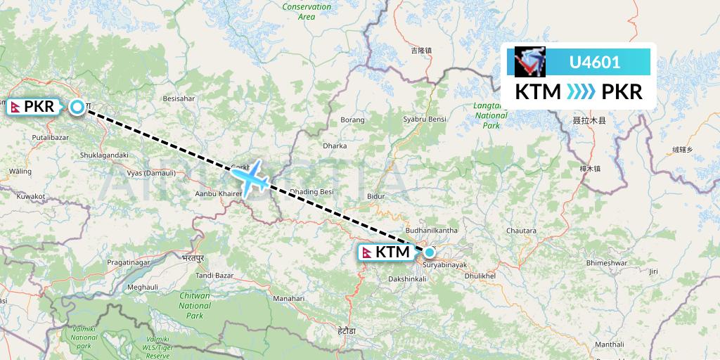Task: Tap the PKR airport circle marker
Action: click(x=77, y=107)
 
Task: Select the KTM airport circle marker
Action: click(x=429, y=252)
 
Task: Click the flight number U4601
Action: click(x=594, y=62)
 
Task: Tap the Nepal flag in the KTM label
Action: click(x=367, y=252)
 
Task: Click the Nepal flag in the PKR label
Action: click(x=15, y=107)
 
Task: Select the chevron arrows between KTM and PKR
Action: click(x=581, y=92)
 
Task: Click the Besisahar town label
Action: click(x=179, y=99)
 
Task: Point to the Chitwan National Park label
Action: click(x=195, y=306)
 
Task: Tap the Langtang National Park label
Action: click(x=491, y=115)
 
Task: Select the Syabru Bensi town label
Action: click(x=425, y=120)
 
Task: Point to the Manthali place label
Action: click(x=609, y=344)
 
